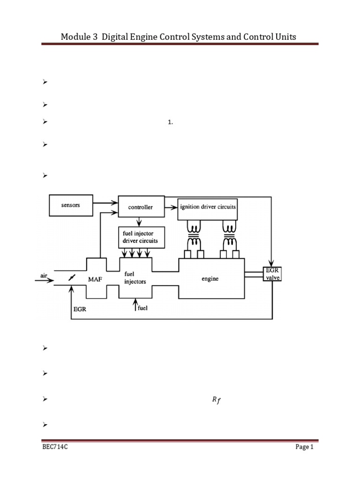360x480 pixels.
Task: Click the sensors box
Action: click(71, 205)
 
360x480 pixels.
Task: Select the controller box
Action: click(141, 207)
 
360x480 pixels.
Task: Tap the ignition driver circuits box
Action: click(208, 210)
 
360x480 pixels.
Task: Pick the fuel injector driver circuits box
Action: click(142, 237)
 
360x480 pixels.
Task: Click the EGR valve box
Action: click(272, 274)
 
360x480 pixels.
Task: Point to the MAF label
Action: click(95, 279)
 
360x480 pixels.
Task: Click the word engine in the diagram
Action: click(210, 278)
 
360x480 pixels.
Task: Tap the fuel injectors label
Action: click(135, 277)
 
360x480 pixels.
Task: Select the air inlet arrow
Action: click(45, 280)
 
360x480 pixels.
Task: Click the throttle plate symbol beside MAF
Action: click(72, 277)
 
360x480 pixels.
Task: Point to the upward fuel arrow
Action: click(135, 305)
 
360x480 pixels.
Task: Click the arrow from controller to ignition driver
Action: click(171, 208)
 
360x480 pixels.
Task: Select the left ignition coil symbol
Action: click(194, 235)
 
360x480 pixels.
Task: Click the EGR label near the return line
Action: click(80, 309)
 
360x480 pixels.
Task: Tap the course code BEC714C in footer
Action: click(55, 447)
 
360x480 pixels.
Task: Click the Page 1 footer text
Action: click(304, 447)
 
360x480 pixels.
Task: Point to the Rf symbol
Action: click(217, 400)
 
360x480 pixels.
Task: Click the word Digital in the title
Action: click(115, 37)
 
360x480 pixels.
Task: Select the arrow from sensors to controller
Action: click(105, 202)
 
